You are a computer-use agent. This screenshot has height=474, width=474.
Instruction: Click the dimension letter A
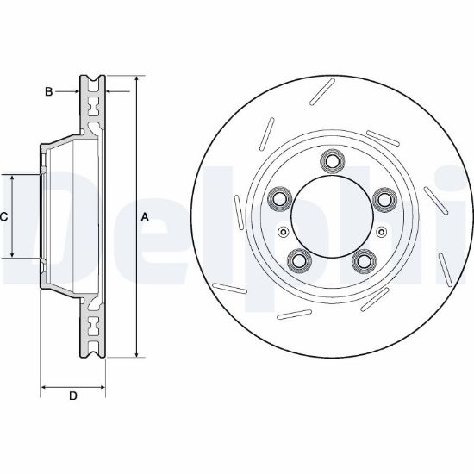pyautogui.click(x=145, y=217)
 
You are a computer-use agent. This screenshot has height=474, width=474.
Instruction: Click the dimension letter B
pyautogui.click(x=48, y=91)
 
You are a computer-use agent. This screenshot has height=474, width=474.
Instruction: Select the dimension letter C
pyautogui.click(x=3, y=216)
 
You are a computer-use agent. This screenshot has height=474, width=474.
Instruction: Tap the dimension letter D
pyautogui.click(x=73, y=396)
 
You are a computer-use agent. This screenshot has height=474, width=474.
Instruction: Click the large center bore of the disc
pyautogui.click(x=332, y=216)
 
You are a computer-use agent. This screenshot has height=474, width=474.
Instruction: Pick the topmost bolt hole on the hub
pyautogui.click(x=332, y=161)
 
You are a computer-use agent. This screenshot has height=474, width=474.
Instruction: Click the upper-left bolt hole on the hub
pyautogui.click(x=280, y=199)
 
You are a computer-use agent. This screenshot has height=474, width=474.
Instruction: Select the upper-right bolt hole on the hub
pyautogui.click(x=384, y=199)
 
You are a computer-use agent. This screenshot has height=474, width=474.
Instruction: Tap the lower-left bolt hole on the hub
pyautogui.click(x=300, y=260)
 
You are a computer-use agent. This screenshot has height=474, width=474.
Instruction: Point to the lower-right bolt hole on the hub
pyautogui.click(x=365, y=260)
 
